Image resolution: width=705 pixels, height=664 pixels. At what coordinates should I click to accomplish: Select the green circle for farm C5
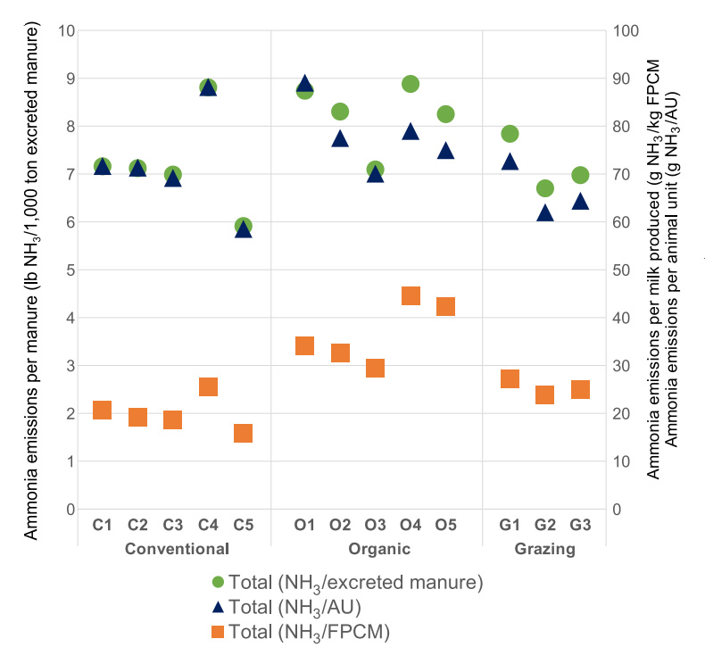(x=244, y=226)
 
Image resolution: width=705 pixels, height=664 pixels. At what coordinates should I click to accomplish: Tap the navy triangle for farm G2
(x=544, y=213)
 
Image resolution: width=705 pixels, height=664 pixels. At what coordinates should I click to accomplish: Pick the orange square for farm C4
(x=208, y=386)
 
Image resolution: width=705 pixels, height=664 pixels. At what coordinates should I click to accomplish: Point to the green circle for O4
(x=411, y=84)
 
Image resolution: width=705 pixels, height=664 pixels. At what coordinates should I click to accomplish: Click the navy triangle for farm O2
(x=340, y=139)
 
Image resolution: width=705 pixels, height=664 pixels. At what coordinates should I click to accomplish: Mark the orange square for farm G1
(x=510, y=378)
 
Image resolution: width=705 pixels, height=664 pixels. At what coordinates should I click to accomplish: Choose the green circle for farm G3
(x=580, y=175)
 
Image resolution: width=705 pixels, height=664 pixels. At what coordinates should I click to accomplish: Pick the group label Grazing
(x=544, y=549)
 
